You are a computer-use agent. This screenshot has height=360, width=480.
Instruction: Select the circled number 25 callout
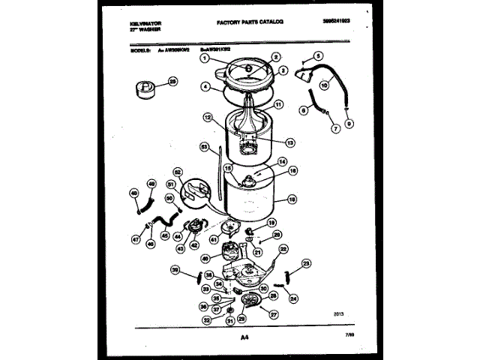[173, 82]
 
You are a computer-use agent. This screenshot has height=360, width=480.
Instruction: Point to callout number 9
[349, 123]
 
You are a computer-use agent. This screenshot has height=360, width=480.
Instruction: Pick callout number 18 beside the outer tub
[292, 201]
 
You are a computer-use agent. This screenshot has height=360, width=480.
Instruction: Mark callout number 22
[283, 248]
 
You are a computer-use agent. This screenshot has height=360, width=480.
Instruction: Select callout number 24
[294, 297]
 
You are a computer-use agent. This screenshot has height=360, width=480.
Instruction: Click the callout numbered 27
[274, 314]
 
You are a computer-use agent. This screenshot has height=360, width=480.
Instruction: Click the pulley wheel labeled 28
[253, 301]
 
